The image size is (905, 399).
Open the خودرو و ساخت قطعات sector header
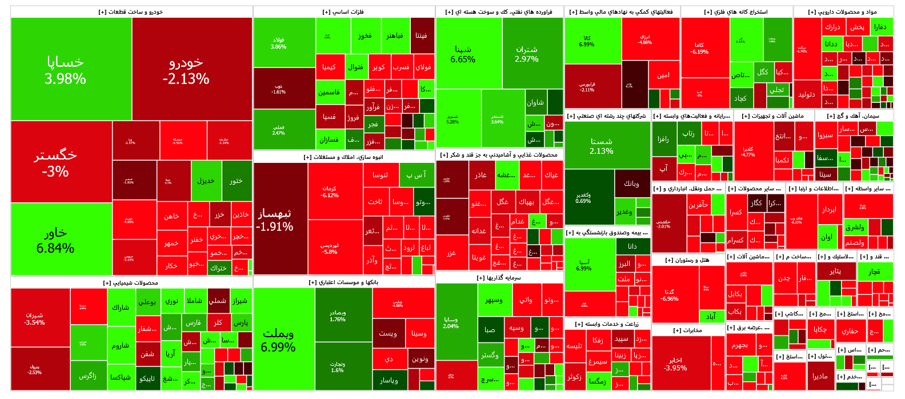click(x=131, y=12)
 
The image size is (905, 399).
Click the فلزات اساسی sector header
click(x=343, y=12)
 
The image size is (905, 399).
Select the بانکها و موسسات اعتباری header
click(x=343, y=282)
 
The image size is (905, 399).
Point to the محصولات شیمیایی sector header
click(x=131, y=282)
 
